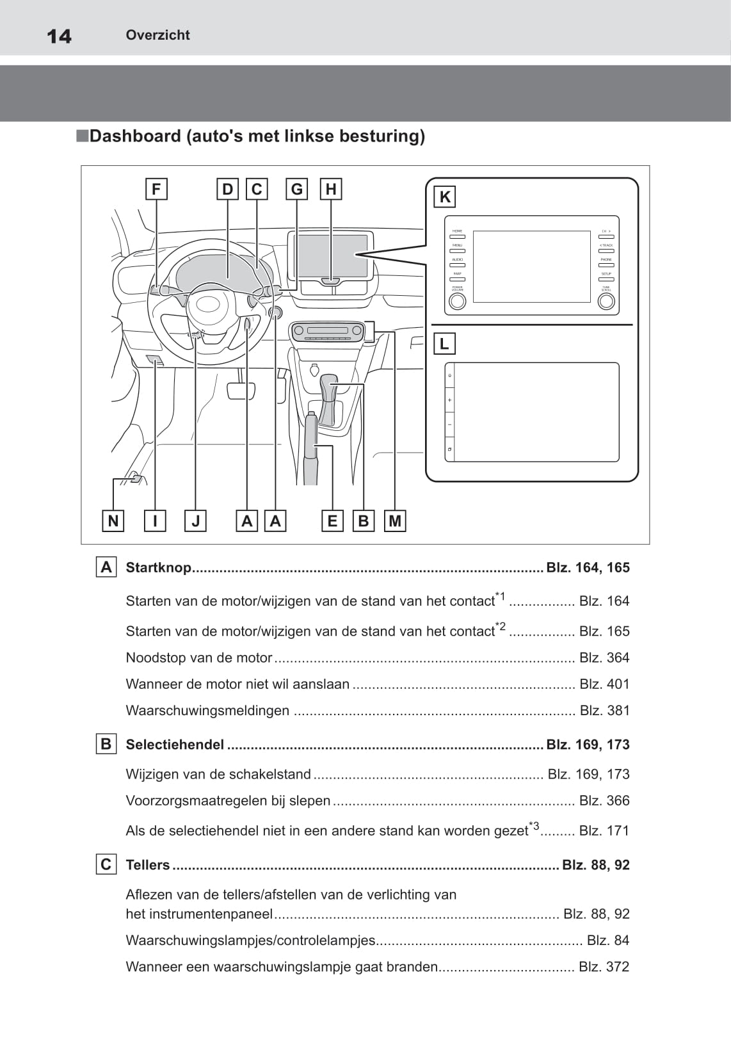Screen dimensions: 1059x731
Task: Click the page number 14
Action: pyautogui.click(x=59, y=36)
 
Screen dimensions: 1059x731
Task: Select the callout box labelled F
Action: pyautogui.click(x=156, y=190)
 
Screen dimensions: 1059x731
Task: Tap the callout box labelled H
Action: pyautogui.click(x=331, y=190)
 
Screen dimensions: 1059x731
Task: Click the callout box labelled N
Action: pyautogui.click(x=113, y=521)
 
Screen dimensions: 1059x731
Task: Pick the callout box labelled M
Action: pyautogui.click(x=395, y=521)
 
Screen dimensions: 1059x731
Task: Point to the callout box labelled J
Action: pyautogui.click(x=195, y=521)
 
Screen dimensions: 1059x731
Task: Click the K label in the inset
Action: pyautogui.click(x=445, y=197)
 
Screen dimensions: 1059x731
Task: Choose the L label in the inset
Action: pyautogui.click(x=444, y=344)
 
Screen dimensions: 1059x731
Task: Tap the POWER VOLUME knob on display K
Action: pyautogui.click(x=457, y=302)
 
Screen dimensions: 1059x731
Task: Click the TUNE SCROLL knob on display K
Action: pyautogui.click(x=606, y=302)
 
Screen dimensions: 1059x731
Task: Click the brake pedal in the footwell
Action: pyautogui.click(x=241, y=390)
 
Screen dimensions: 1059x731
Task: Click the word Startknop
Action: pyautogui.click(x=159, y=568)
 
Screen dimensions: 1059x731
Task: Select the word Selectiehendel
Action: pyautogui.click(x=175, y=745)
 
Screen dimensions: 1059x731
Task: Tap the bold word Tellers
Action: pyautogui.click(x=148, y=865)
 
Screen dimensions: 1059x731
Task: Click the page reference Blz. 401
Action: pyautogui.click(x=604, y=684)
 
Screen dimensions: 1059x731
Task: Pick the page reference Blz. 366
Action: pyautogui.click(x=604, y=801)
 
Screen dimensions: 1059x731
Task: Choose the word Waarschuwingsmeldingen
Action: pyautogui.click(x=207, y=711)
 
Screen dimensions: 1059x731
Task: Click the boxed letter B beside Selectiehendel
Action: pyautogui.click(x=106, y=744)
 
